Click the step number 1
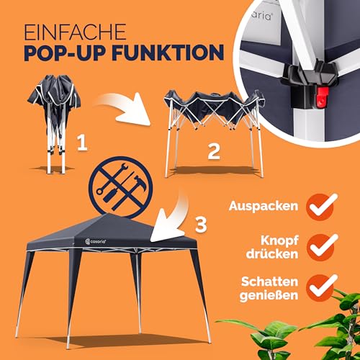tap(82, 145)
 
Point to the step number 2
tap(213, 151)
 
